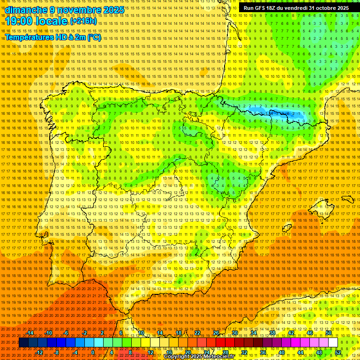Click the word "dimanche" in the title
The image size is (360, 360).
point(26,10)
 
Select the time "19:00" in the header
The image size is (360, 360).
point(21,22)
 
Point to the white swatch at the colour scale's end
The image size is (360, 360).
point(333,343)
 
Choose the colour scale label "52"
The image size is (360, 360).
point(337,352)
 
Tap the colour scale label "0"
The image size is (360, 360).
point(93,352)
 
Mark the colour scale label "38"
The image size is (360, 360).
point(272,333)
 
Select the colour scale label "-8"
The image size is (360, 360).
point(57,352)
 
